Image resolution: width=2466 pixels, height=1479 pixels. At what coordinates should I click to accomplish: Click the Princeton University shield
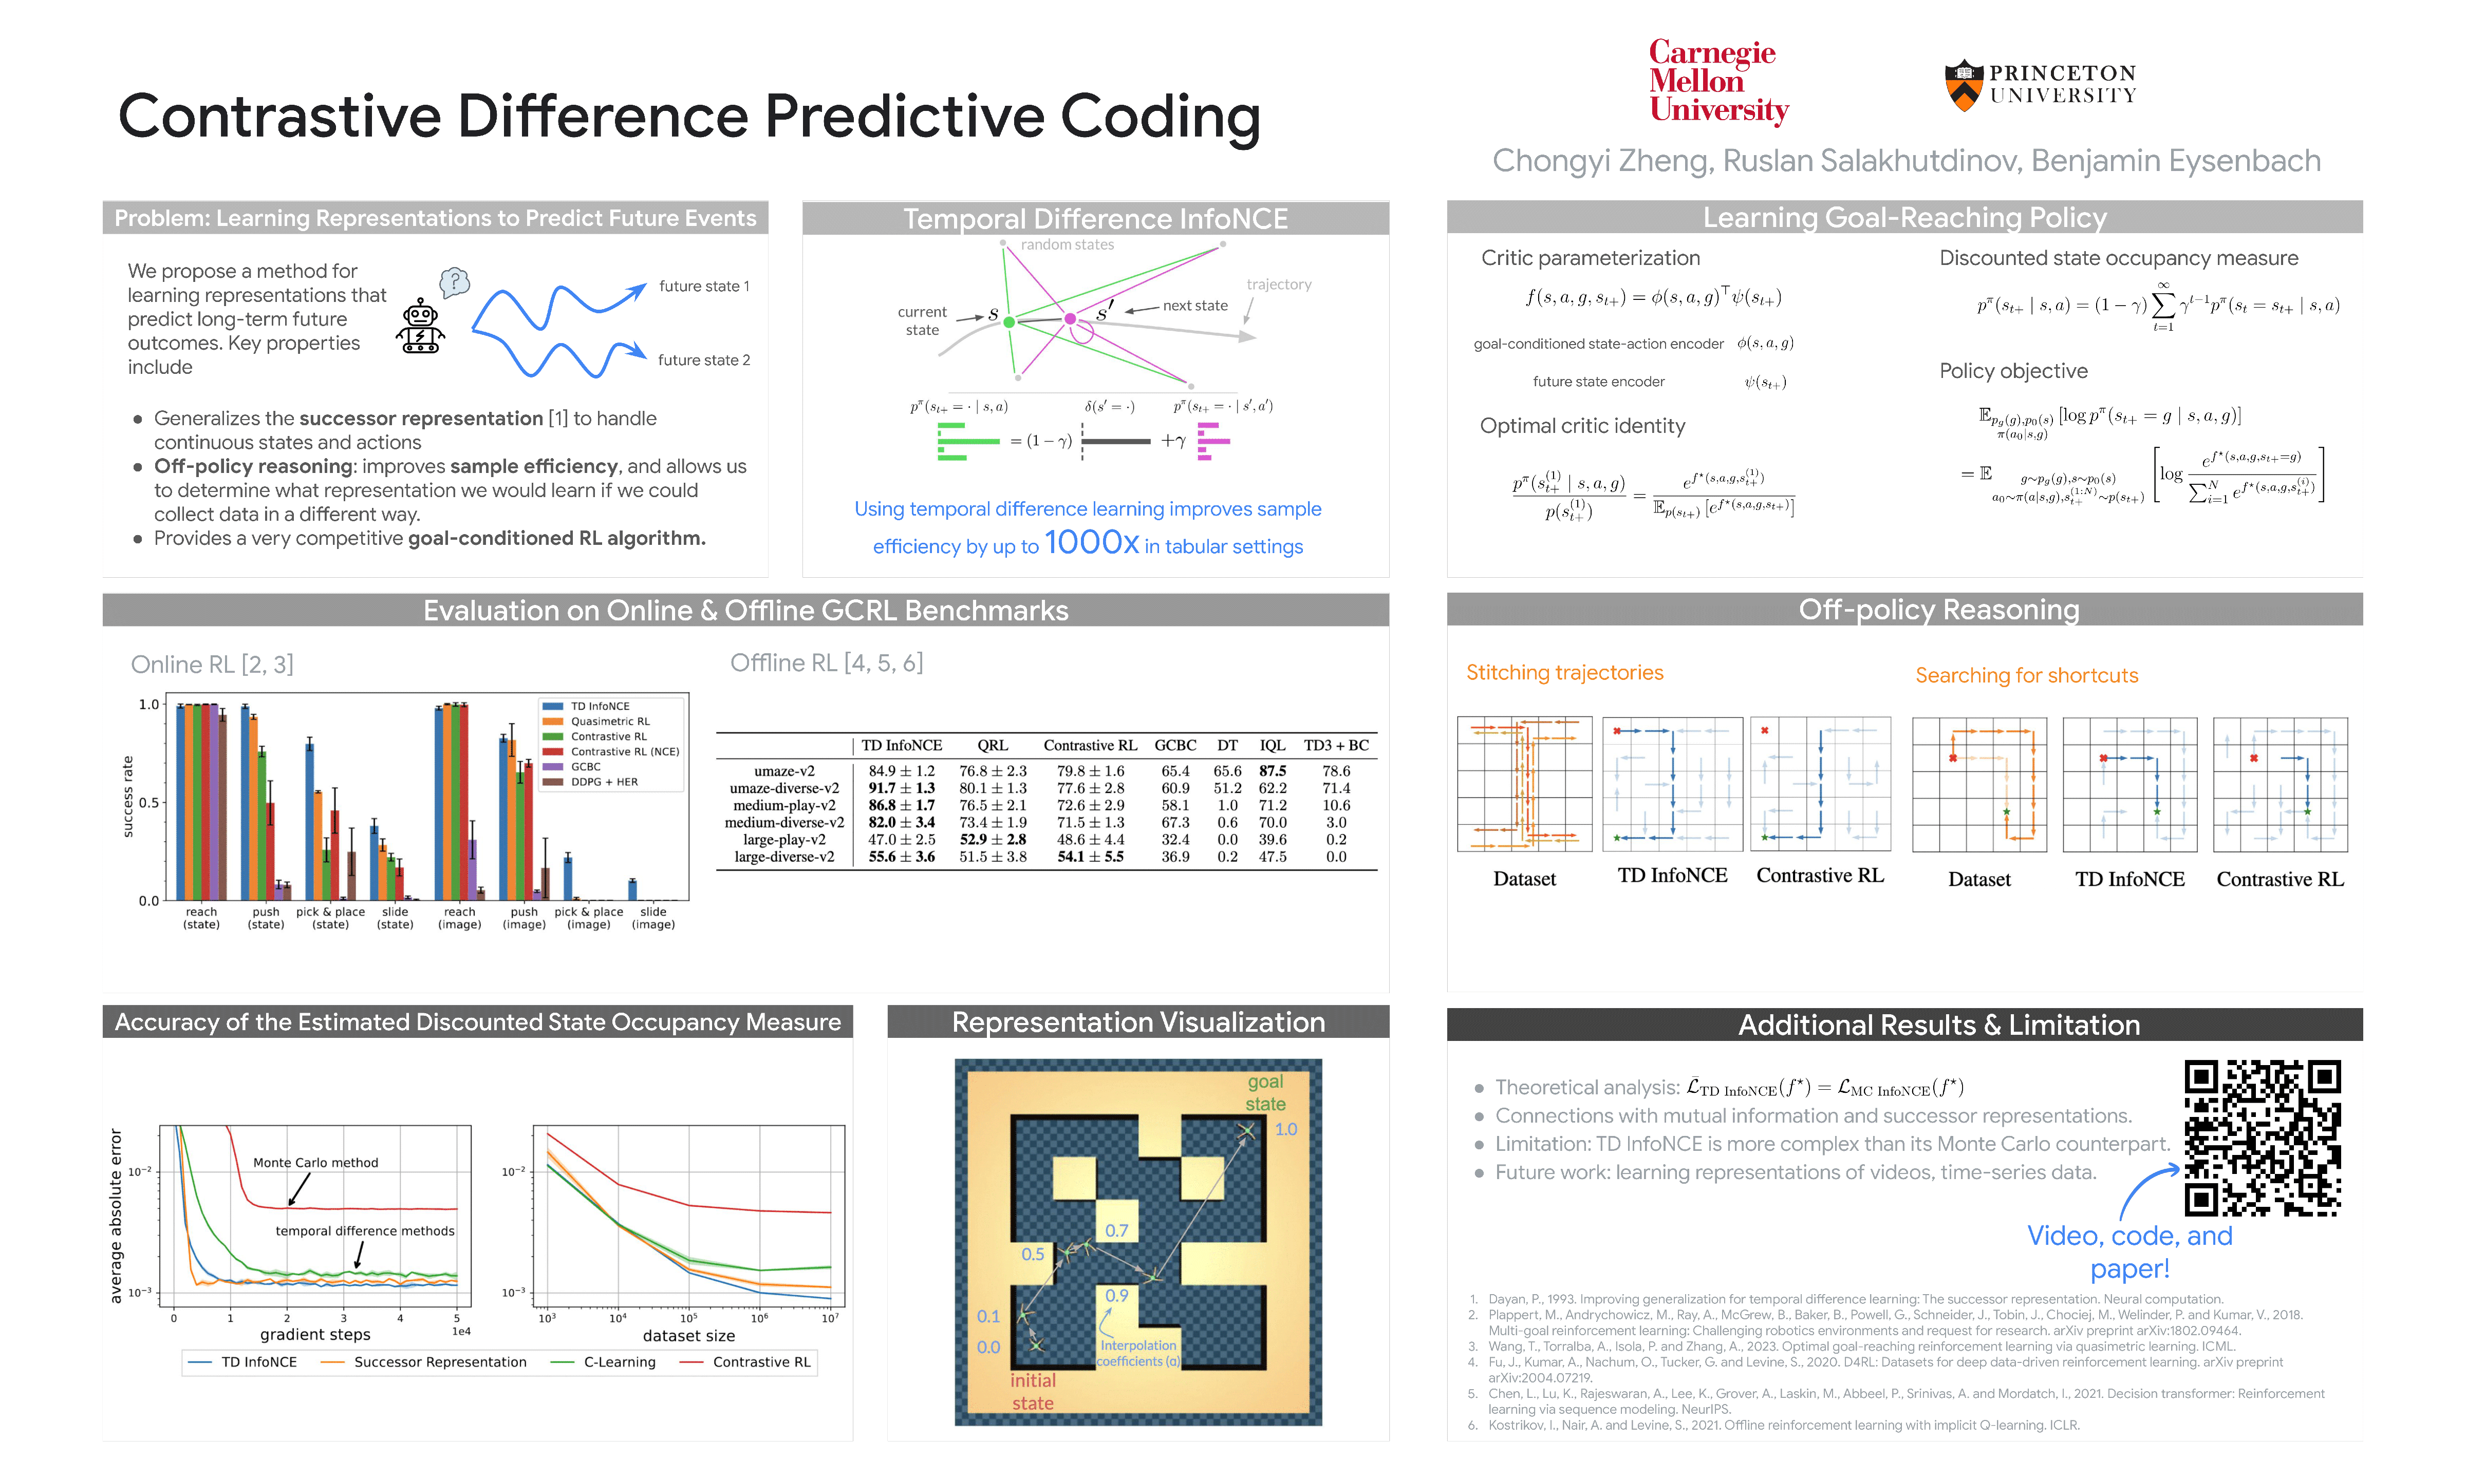pos(1963,85)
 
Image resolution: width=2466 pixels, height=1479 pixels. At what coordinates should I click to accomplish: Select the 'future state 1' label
pos(704,286)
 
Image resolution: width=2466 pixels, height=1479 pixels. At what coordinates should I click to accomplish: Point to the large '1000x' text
pos(1091,543)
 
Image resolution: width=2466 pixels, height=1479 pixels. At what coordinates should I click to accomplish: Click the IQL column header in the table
pos(1272,746)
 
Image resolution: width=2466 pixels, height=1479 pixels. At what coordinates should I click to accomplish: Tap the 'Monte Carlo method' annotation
pos(315,1162)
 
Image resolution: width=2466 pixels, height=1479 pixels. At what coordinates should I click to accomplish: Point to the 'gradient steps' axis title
pos(315,1335)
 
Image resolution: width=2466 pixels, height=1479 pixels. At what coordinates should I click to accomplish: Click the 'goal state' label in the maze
pos(1265,1092)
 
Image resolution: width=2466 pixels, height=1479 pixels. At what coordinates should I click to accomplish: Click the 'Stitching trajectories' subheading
pos(1564,673)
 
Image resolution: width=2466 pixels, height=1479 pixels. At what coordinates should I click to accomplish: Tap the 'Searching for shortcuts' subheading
pos(2026,676)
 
